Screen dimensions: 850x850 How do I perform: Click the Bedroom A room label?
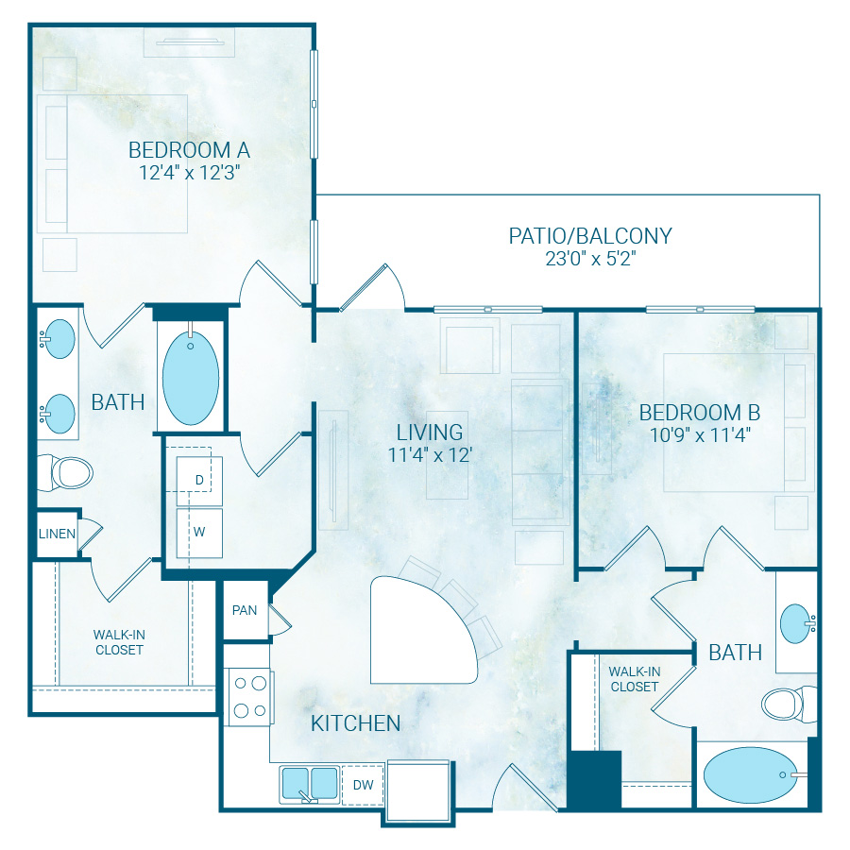[x=189, y=149]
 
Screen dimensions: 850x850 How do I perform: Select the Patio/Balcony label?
[x=590, y=235]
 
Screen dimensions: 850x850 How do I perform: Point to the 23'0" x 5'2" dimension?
[x=590, y=259]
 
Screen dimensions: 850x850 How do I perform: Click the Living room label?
[x=430, y=433]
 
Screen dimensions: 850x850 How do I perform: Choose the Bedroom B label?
[x=699, y=413]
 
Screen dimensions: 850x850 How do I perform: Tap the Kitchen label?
[x=356, y=723]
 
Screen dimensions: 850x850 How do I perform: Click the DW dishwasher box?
[x=363, y=784]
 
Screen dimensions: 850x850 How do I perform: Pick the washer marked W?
[x=199, y=530]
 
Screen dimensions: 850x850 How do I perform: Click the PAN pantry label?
[x=245, y=610]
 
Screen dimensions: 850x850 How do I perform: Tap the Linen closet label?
[x=57, y=534]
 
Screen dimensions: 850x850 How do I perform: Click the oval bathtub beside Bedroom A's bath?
[x=191, y=377]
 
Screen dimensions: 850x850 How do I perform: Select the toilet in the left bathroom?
[x=63, y=471]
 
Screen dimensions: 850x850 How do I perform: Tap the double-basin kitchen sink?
[x=309, y=784]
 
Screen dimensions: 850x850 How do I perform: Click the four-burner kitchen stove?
[x=248, y=696]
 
